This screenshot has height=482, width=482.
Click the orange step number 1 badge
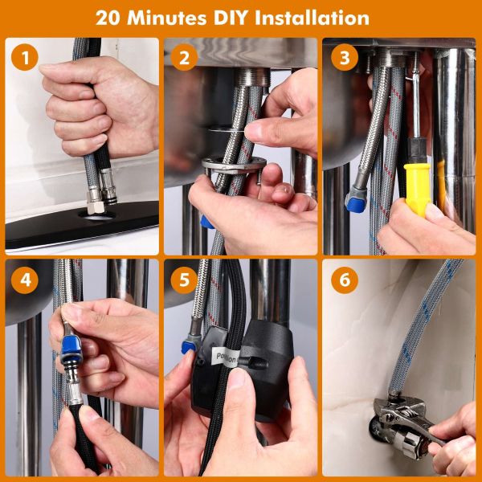25,57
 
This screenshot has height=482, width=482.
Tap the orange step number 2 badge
184,57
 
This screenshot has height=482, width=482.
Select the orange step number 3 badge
345,57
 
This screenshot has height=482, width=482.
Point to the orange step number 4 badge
25,280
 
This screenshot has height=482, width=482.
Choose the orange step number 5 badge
184,280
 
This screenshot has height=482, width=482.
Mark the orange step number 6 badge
345,280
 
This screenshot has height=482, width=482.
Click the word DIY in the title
231,18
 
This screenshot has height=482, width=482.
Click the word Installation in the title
312,18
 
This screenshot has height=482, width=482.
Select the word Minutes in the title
166,18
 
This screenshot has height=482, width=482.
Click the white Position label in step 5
227,357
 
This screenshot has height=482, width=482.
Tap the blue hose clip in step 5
189,347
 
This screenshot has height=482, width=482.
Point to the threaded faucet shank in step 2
252,77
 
